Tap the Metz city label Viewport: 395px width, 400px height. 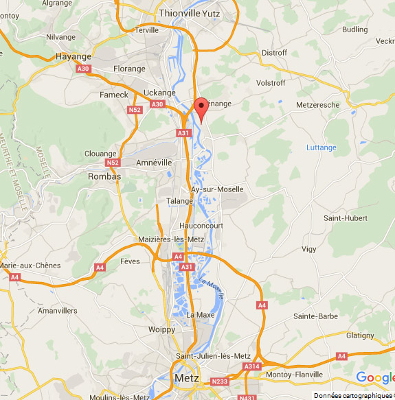pos(187,378)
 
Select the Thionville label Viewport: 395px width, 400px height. pos(179,12)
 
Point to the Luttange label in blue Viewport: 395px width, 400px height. pos(321,148)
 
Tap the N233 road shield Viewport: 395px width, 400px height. pos(220,381)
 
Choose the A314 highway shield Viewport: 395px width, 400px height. pos(252,367)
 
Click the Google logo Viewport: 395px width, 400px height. pos(374,377)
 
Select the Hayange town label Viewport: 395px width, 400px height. pos(73,56)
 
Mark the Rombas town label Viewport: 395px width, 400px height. pos(104,176)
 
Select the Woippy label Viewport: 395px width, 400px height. pos(161,330)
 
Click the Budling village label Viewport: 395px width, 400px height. pos(354,30)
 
